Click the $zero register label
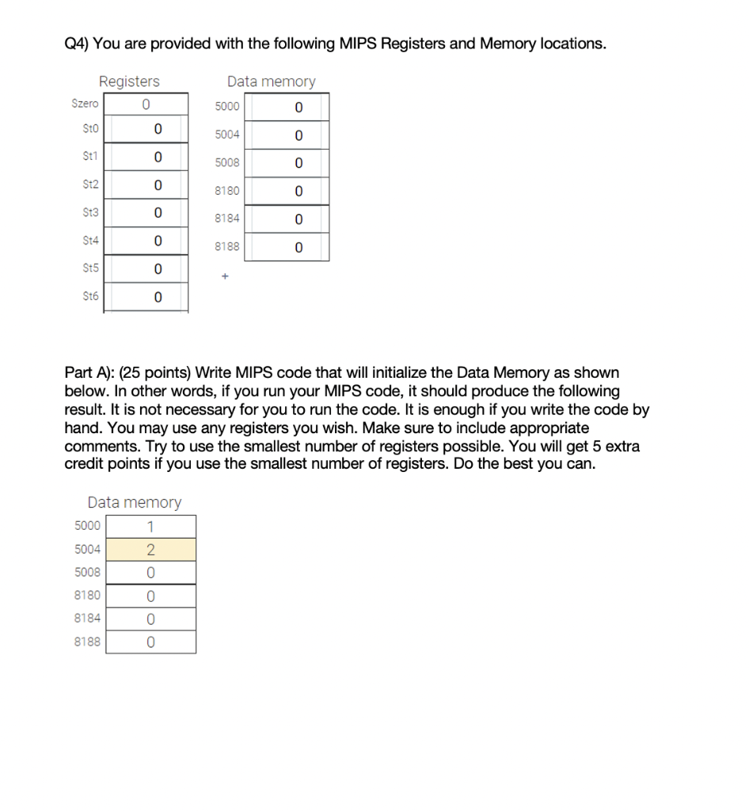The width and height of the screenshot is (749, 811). (85, 104)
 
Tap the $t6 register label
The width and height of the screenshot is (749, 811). (91, 297)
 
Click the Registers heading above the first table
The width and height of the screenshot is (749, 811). (129, 82)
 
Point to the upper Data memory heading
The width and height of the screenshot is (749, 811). (271, 82)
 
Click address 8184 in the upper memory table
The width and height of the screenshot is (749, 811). (226, 218)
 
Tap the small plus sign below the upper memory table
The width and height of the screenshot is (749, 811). (225, 276)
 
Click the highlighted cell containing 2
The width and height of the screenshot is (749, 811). (150, 550)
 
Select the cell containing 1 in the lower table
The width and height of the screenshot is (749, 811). (150, 527)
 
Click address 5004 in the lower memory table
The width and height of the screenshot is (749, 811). (87, 549)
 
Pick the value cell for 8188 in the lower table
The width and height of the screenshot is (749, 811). (150, 642)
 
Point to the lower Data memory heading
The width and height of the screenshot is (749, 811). (135, 502)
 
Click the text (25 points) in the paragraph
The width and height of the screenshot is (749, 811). (154, 372)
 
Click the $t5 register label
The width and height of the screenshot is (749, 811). (91, 268)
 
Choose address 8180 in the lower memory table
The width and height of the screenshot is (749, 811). (87, 595)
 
